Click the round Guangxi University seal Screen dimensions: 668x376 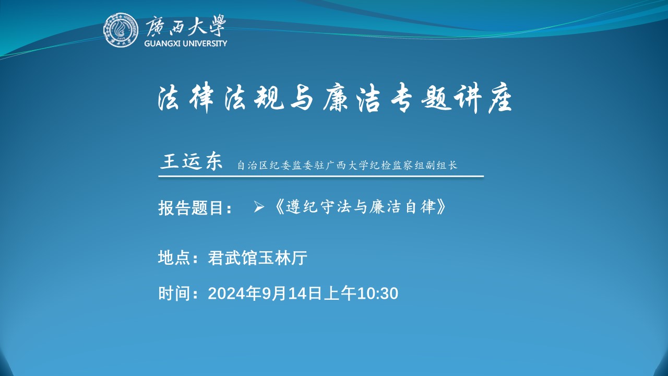click(121, 30)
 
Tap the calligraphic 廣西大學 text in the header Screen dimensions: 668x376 click(185, 26)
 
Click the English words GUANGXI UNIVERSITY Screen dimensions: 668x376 click(185, 43)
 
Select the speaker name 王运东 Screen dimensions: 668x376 click(192, 162)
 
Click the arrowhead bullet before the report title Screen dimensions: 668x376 click(258, 207)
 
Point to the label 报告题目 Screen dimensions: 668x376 click(191, 208)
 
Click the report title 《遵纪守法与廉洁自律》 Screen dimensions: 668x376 click(360, 207)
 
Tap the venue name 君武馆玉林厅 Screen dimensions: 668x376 click(257, 258)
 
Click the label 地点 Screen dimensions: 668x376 click(174, 258)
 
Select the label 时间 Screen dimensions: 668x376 click(174, 293)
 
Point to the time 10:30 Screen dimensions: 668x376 click(377, 293)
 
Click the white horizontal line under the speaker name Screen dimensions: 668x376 click(321, 177)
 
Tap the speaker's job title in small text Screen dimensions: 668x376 click(347, 166)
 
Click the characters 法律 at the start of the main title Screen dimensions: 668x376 click(185, 98)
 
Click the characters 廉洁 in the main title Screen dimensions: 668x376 click(352, 98)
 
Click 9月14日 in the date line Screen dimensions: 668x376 click(292, 293)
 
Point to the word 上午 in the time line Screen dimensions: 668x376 click(340, 293)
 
